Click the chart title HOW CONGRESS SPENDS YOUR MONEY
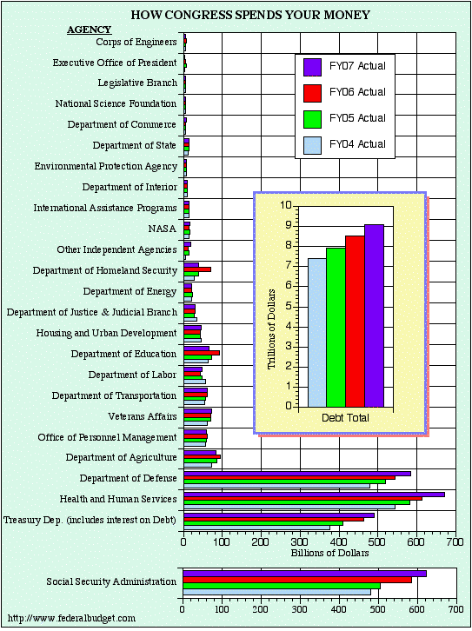[x=250, y=15]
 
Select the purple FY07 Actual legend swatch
[x=312, y=67]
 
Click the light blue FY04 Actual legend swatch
[x=312, y=145]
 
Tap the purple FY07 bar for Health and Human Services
[x=315, y=495]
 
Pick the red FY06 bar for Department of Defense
[x=289, y=478]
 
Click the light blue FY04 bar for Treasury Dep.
[x=256, y=528]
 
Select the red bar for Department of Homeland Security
[x=197, y=269]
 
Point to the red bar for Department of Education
[x=202, y=353]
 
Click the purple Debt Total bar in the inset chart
[x=375, y=315]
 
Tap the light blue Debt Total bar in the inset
[x=317, y=333]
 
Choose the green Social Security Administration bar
[x=282, y=586]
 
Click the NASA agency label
[x=163, y=229]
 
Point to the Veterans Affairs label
[x=142, y=416]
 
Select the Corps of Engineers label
[x=136, y=42]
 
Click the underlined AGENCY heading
[x=89, y=30]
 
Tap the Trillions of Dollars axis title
[x=271, y=329]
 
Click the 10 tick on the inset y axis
[x=285, y=205]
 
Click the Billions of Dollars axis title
[x=330, y=553]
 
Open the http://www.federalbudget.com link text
[x=71, y=618]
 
